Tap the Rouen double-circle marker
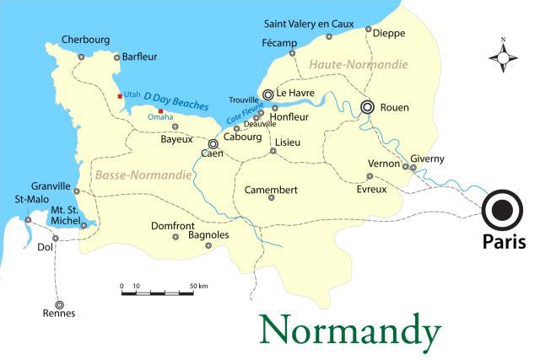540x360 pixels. (367, 107)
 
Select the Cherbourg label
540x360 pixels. (84, 40)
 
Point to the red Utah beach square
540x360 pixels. (120, 95)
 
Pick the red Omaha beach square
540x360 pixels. (160, 110)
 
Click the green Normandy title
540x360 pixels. (349, 330)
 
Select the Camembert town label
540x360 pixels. (270, 190)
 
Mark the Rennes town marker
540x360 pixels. (59, 304)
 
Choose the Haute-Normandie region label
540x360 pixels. (358, 65)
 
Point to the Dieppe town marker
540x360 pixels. (369, 30)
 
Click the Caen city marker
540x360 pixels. (213, 143)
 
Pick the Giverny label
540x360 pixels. (427, 159)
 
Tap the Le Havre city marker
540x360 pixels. (267, 94)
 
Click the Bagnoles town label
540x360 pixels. (208, 235)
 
